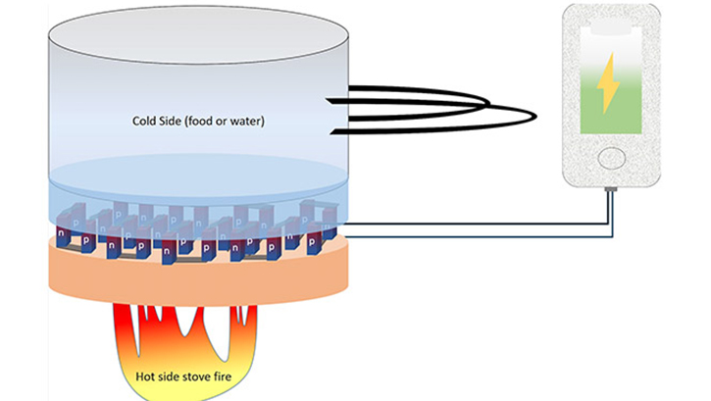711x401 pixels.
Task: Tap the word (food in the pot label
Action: [x=208, y=123]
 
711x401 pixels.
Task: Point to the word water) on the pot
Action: [x=256, y=123]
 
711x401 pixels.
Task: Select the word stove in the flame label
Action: [x=203, y=373]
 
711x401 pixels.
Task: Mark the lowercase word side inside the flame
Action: [x=174, y=373]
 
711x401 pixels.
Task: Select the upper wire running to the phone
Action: [x=471, y=222]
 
